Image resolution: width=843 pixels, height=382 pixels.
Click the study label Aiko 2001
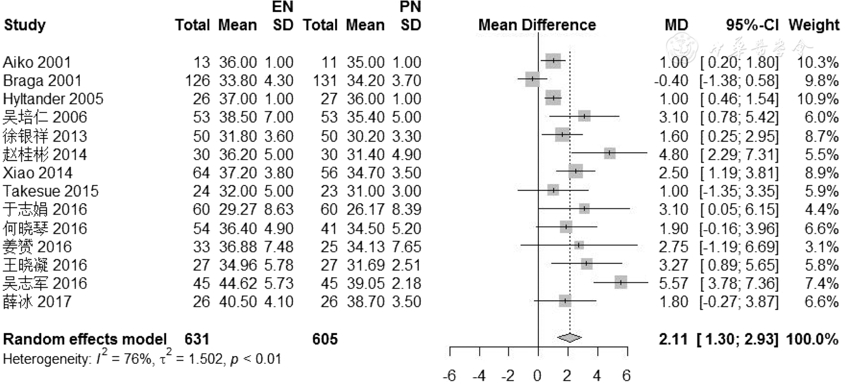[37, 62]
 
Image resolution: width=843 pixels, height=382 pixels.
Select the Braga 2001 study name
[42, 81]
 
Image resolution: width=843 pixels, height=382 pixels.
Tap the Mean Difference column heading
[537, 25]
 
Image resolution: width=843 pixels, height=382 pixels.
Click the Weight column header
[813, 25]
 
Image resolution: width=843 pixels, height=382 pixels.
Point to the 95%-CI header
[752, 25]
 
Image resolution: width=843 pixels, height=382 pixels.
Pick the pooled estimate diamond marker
[569, 338]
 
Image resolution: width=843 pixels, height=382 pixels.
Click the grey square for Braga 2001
[532, 80]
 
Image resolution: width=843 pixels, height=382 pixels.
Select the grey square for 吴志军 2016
[621, 282]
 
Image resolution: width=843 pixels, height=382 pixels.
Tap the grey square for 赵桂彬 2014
[609, 153]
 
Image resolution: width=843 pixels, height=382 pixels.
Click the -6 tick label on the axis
[449, 375]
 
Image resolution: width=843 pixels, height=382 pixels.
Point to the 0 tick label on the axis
[538, 375]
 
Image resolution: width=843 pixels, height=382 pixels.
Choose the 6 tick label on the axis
[626, 375]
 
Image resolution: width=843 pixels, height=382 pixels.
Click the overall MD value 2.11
[673, 339]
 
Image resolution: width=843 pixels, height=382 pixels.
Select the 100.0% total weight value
[812, 339]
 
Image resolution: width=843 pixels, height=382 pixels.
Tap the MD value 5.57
[674, 284]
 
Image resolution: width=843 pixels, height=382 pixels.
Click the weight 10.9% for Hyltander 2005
[818, 99]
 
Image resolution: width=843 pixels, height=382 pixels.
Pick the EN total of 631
[197, 339]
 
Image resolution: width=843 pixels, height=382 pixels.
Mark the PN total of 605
[325, 339]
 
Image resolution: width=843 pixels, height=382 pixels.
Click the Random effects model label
[85, 339]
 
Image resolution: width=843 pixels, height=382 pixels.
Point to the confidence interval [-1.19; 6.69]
[739, 247]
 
